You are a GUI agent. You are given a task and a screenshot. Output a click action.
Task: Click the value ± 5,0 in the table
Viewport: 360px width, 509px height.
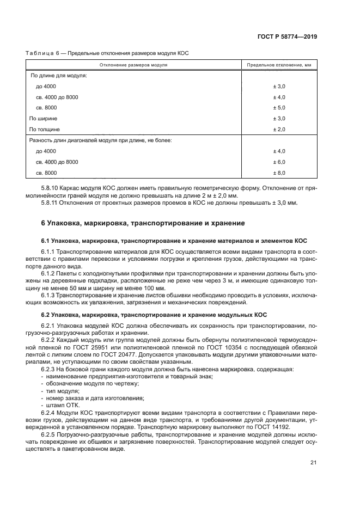[279, 108]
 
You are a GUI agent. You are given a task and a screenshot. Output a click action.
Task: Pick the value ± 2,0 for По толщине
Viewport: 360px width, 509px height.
[279, 129]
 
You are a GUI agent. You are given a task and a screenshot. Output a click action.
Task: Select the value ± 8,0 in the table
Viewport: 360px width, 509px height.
[279, 173]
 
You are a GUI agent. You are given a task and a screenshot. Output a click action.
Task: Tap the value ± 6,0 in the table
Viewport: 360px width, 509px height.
[279, 162]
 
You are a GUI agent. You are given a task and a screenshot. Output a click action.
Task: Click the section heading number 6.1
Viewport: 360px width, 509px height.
[46, 240]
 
